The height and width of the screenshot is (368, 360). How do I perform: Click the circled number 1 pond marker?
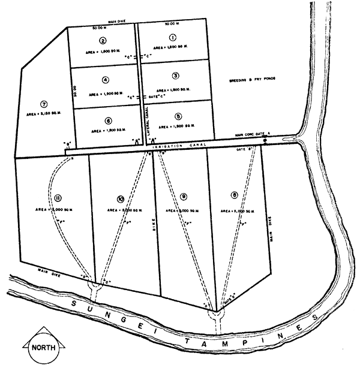[x=172, y=37]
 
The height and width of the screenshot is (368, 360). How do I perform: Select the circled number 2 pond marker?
[x=103, y=41]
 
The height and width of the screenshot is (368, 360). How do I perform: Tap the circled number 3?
[x=175, y=76]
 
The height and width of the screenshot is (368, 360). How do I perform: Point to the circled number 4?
[x=105, y=80]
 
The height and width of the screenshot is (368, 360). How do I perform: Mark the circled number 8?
[x=234, y=195]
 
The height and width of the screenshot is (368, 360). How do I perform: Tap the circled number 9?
[x=183, y=195]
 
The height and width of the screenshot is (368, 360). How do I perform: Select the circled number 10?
[x=121, y=198]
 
